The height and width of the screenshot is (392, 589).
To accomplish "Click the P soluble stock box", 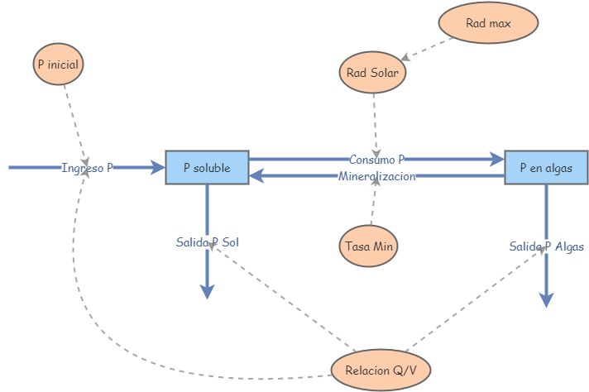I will point(207,167).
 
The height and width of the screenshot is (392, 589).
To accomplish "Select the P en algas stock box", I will point(546,167).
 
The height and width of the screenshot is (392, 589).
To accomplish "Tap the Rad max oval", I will point(488,23).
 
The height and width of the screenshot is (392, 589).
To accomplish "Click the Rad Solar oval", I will point(373,73).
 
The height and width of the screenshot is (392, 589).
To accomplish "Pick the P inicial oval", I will point(60,64).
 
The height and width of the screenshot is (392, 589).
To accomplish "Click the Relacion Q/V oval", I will point(381,370).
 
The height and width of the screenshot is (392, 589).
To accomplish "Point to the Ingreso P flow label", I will point(87,168).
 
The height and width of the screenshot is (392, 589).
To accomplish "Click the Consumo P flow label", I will point(376,159).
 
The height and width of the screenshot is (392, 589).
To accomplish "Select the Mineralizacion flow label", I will point(376,176).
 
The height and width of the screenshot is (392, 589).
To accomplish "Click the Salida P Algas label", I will point(546,246).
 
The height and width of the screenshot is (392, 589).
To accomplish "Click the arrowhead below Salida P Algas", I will point(546,299).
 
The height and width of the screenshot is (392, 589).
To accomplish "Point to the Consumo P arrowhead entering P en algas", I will point(497,159).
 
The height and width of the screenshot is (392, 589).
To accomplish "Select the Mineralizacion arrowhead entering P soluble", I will point(256,175).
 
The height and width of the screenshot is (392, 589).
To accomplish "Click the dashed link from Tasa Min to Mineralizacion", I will point(373,207).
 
